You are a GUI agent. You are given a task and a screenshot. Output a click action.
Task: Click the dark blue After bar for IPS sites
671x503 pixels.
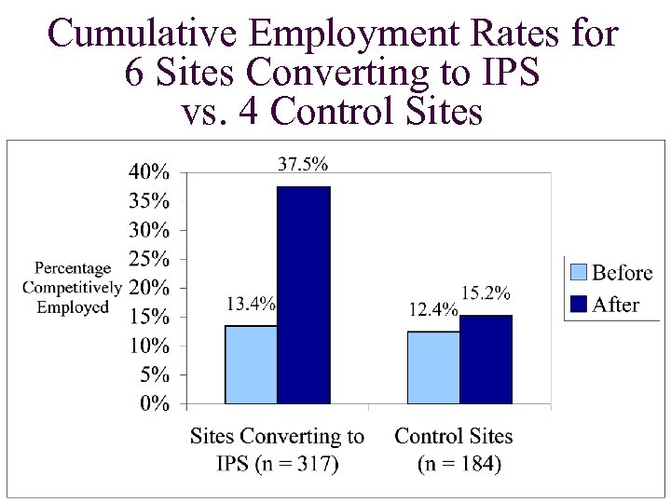[x=304, y=295]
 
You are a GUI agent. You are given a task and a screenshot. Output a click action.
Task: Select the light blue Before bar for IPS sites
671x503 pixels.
[x=251, y=364]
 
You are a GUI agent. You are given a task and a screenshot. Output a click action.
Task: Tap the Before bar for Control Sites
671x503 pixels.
[x=433, y=367]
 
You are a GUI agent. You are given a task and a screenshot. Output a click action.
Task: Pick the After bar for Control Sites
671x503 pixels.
[x=486, y=360]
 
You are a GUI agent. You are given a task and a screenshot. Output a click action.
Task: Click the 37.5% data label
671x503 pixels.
[x=303, y=164]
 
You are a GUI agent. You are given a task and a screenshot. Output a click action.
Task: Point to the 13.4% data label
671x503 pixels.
[x=251, y=303]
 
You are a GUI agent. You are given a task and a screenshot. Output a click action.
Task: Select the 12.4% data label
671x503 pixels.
[x=433, y=309]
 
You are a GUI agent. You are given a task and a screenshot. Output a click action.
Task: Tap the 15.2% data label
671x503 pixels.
[x=486, y=293]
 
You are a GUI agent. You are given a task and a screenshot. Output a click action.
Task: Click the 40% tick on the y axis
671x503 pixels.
[x=149, y=171]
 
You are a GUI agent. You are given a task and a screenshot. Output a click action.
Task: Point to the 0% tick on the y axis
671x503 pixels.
[x=155, y=404]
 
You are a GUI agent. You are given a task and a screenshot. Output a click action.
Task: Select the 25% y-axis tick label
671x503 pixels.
[x=149, y=258]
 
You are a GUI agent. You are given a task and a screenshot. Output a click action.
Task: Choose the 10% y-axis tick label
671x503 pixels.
[x=149, y=346]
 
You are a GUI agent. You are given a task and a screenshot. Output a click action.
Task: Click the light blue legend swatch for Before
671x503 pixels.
[x=579, y=273]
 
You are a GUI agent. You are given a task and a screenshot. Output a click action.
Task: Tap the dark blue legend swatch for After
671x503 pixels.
[x=579, y=305]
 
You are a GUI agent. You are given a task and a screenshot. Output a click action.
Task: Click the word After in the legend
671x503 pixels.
[x=616, y=305]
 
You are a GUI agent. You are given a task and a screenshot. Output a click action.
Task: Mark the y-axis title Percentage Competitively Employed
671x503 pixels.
[x=72, y=287]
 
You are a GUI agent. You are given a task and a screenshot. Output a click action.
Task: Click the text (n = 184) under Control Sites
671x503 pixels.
[x=459, y=464]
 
